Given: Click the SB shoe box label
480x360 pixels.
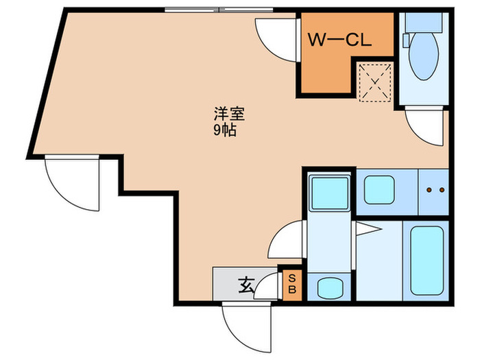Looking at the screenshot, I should tap(291, 284).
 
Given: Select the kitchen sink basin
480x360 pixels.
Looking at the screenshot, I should tap(379, 191).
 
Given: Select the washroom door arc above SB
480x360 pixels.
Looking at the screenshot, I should tap(287, 241).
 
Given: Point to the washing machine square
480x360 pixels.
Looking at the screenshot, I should tap(329, 194).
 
